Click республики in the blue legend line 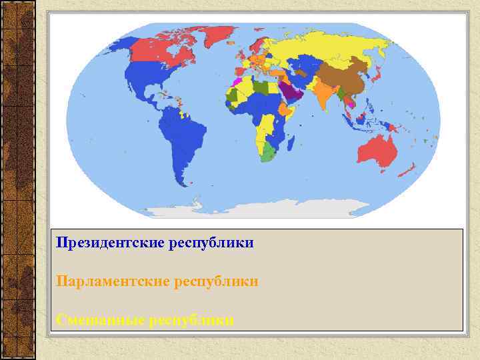click(x=211, y=242)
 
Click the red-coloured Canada click(x=167, y=50)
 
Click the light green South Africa click(x=268, y=153)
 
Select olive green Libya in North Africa click(x=261, y=87)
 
